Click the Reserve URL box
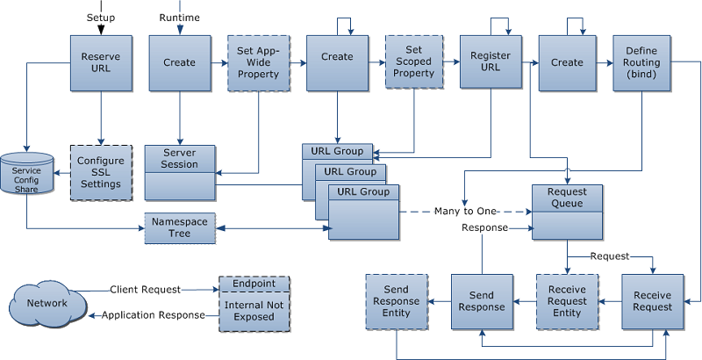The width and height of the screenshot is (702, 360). click(x=101, y=62)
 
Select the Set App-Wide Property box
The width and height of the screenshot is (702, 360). click(x=258, y=62)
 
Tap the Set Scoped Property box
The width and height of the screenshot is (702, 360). click(x=414, y=61)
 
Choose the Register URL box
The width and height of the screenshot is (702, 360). click(x=491, y=61)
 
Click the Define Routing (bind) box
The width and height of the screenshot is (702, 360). click(x=642, y=62)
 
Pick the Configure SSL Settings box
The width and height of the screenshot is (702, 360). click(x=101, y=172)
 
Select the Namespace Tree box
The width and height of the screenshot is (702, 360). click(x=180, y=228)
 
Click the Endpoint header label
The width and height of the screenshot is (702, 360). click(x=254, y=284)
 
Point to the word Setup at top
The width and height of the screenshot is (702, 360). click(x=101, y=18)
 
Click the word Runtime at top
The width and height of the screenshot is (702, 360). click(x=181, y=18)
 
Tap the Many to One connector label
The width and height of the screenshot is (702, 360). click(x=468, y=212)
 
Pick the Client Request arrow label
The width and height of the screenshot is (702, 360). click(x=146, y=289)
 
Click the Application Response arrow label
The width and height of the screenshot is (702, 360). click(x=153, y=314)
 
